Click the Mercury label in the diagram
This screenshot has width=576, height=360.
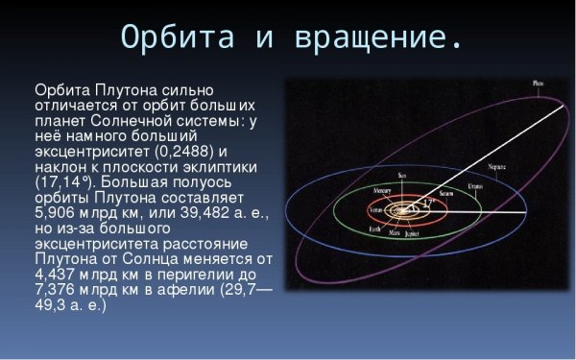(x=381, y=191)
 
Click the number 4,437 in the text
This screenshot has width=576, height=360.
(x=57, y=276)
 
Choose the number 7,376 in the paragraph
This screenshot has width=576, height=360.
(x=57, y=291)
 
